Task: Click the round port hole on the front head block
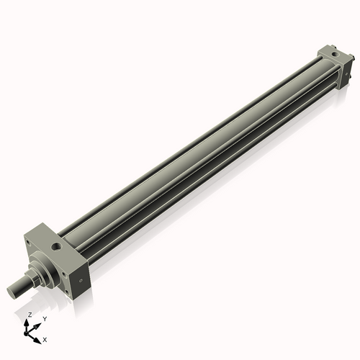click(55, 247)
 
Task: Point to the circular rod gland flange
click(47, 271)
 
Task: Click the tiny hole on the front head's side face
click(81, 280)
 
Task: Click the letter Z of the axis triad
click(30, 315)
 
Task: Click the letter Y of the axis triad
click(44, 319)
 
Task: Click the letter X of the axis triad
click(45, 338)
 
